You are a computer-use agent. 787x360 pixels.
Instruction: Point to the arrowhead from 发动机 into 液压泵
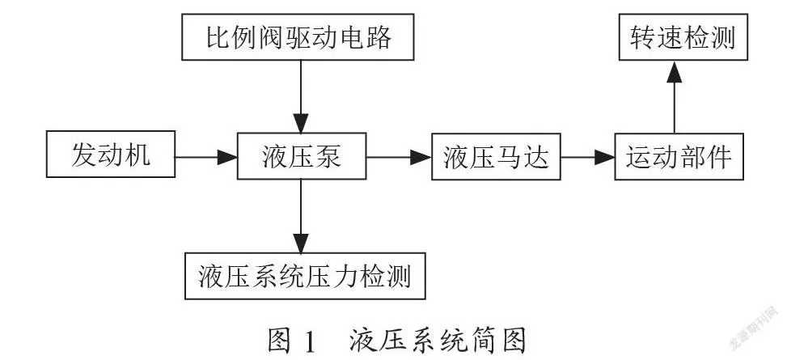tap(227, 157)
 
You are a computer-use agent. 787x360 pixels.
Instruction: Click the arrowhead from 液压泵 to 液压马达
tap(421, 157)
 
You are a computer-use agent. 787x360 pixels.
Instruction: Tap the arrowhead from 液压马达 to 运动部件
tap(604, 157)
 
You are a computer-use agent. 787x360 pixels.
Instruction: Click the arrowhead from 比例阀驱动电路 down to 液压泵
tap(301, 123)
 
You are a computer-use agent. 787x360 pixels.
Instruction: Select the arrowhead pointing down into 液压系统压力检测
tap(301, 243)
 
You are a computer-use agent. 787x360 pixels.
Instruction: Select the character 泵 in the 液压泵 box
tap(328, 156)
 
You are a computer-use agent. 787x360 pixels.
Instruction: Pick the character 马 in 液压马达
tap(509, 156)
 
